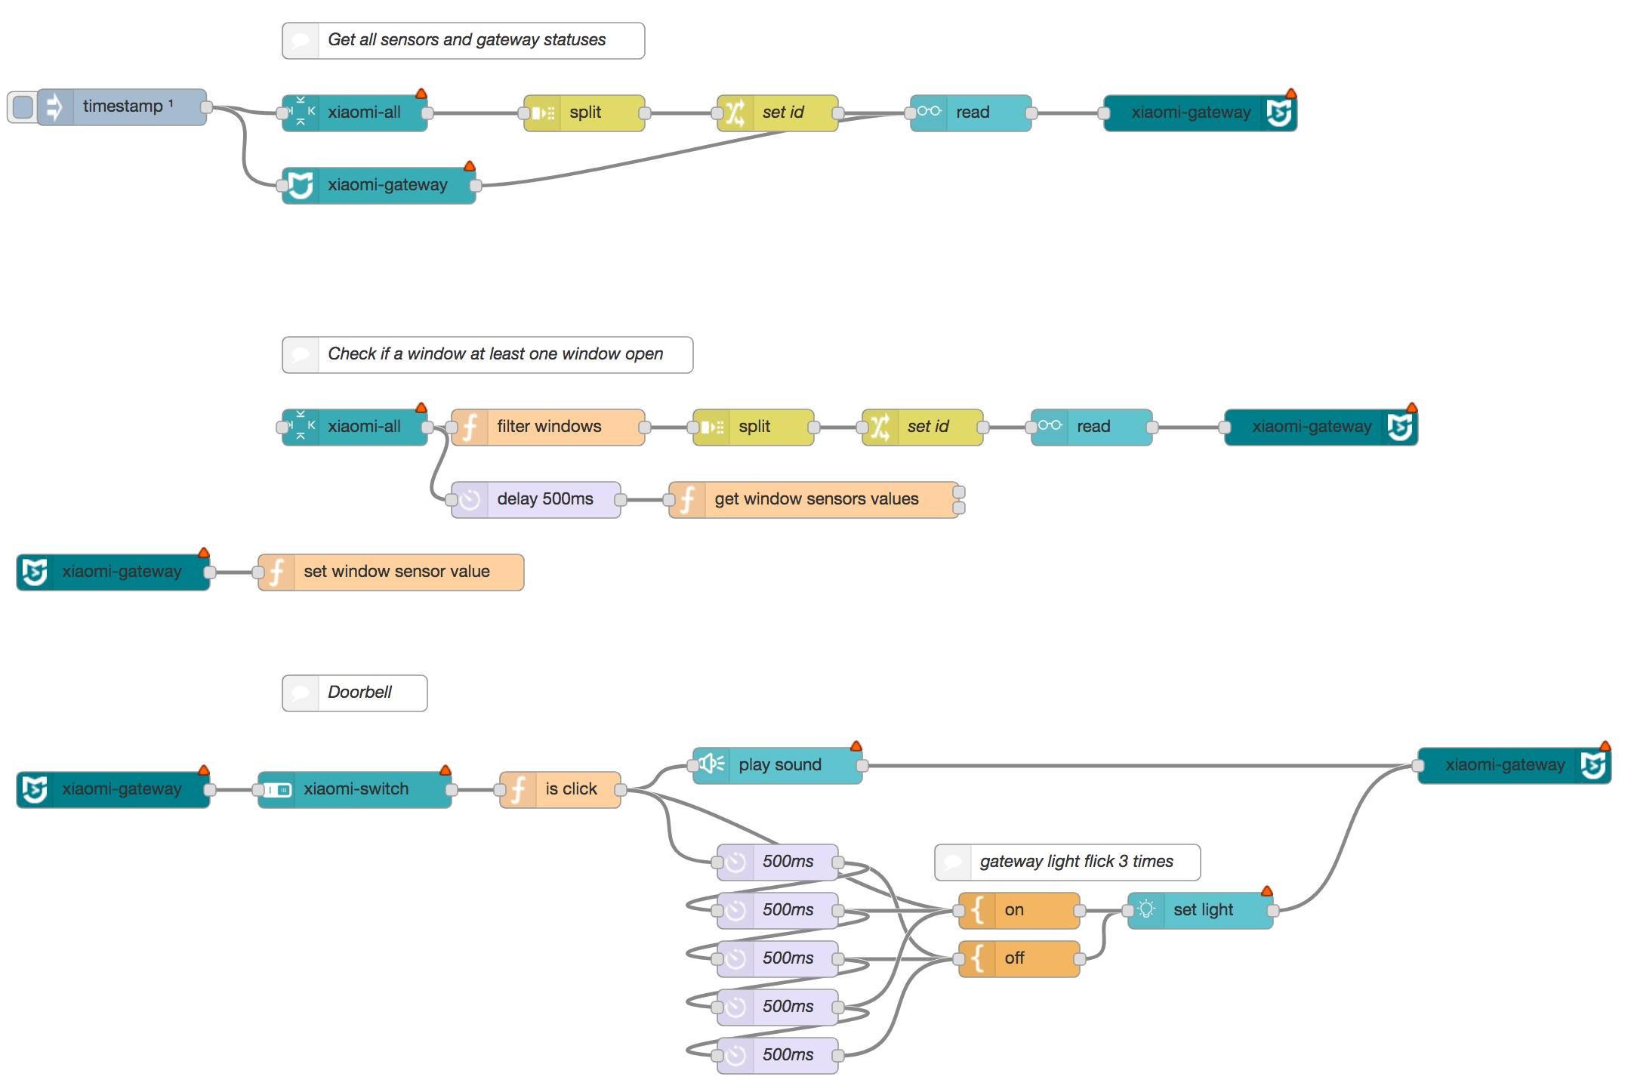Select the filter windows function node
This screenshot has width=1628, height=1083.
[548, 427]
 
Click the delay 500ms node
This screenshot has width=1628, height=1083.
[544, 499]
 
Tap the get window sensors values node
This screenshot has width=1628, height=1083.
[816, 499]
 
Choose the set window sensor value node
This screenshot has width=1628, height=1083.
[396, 572]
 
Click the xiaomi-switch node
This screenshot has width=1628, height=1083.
[355, 789]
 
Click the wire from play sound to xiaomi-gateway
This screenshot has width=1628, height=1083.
[1133, 765]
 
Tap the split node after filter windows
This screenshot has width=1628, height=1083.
[754, 427]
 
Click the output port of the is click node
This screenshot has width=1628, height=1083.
[621, 789]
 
